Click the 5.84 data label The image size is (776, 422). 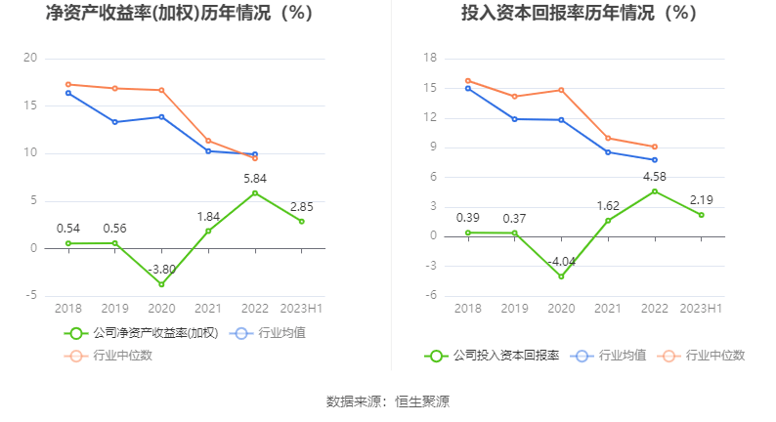click(x=255, y=178)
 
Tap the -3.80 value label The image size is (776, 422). click(x=161, y=269)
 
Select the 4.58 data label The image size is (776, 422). click(x=655, y=176)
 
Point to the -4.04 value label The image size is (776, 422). click(x=561, y=261)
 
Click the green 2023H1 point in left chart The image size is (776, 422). click(x=302, y=221)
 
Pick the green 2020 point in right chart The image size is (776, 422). click(x=561, y=276)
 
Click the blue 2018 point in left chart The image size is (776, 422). click(x=68, y=93)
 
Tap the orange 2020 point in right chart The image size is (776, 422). click(x=561, y=90)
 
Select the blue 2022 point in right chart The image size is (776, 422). click(x=655, y=159)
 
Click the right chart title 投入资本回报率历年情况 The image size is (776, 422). click(x=579, y=15)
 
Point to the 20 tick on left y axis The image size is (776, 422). click(x=31, y=59)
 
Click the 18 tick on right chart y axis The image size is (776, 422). click(x=429, y=59)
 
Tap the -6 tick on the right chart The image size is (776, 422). click(x=430, y=295)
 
